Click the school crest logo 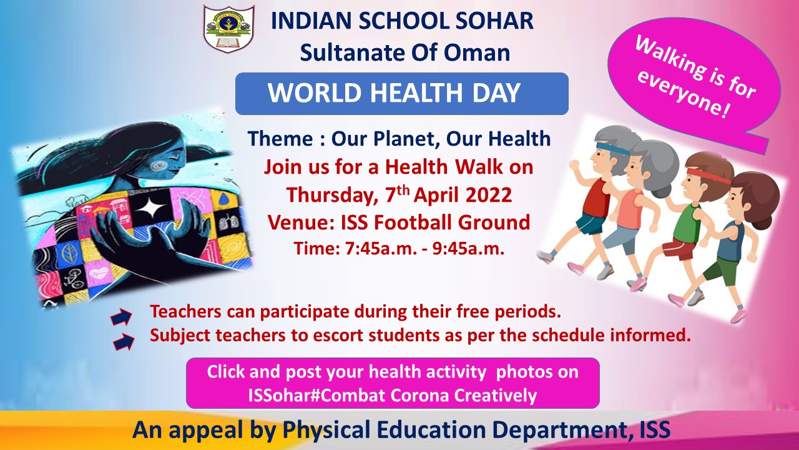coord(228,29)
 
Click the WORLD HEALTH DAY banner coord(401,94)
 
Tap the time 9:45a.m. coord(468,248)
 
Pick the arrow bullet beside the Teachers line coord(121,316)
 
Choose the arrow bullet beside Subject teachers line coord(124,342)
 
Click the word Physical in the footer coord(326,430)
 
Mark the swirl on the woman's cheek coord(158,166)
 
